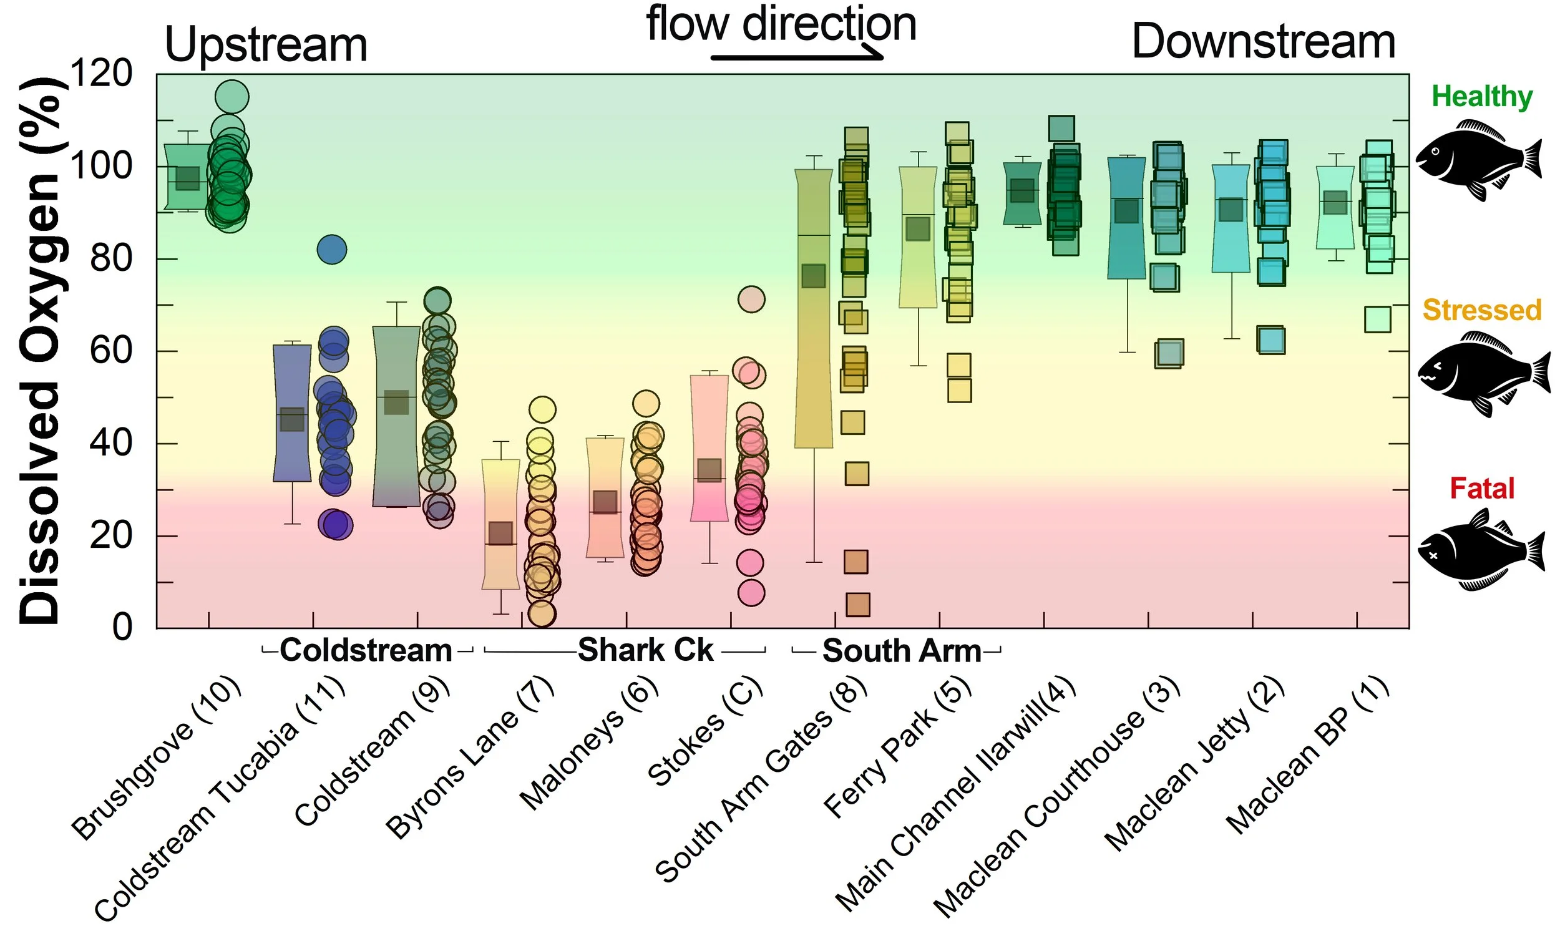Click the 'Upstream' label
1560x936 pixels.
pos(265,46)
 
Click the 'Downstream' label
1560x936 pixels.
pos(1263,42)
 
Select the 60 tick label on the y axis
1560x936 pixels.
pos(111,351)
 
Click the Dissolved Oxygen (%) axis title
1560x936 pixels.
pos(39,351)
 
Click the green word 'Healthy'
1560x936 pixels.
pos(1482,97)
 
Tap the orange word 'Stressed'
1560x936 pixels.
pos(1482,310)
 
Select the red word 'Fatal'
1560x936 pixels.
pos(1482,488)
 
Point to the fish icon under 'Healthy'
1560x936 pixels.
pos(1480,160)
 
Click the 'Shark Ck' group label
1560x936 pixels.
pos(645,650)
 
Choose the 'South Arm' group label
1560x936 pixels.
pos(902,651)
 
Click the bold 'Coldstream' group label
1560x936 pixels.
pos(366,650)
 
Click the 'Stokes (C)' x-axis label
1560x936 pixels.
pos(705,732)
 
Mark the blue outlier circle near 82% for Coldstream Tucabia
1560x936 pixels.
pos(332,250)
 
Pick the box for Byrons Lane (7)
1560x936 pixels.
pos(501,524)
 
